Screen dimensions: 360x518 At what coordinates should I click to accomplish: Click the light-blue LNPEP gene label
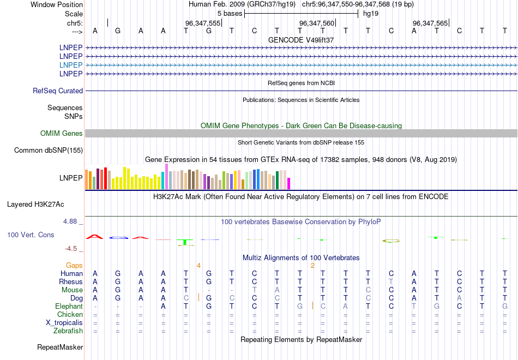(71, 65)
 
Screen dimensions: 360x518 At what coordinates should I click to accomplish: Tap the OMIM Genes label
(62, 134)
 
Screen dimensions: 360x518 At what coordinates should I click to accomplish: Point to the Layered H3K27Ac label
(35, 205)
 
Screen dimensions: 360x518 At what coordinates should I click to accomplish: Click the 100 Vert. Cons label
(31, 235)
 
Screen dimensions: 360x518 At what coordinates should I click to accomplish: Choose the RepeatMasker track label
(60, 347)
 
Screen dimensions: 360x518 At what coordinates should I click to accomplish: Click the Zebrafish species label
(68, 331)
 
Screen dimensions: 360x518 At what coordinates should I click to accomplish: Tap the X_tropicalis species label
(64, 322)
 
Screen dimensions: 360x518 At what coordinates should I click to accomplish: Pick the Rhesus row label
(71, 281)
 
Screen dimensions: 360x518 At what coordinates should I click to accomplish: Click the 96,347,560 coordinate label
(317, 23)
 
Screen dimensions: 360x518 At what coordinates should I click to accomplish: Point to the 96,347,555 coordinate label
(203, 23)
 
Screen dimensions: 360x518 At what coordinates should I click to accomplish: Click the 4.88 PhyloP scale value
(71, 221)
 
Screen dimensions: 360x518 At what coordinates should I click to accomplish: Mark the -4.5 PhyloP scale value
(71, 249)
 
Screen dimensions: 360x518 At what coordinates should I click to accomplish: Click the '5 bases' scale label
(230, 13)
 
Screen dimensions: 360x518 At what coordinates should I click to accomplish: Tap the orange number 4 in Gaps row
(199, 265)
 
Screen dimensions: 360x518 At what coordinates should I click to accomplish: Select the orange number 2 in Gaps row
(312, 265)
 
